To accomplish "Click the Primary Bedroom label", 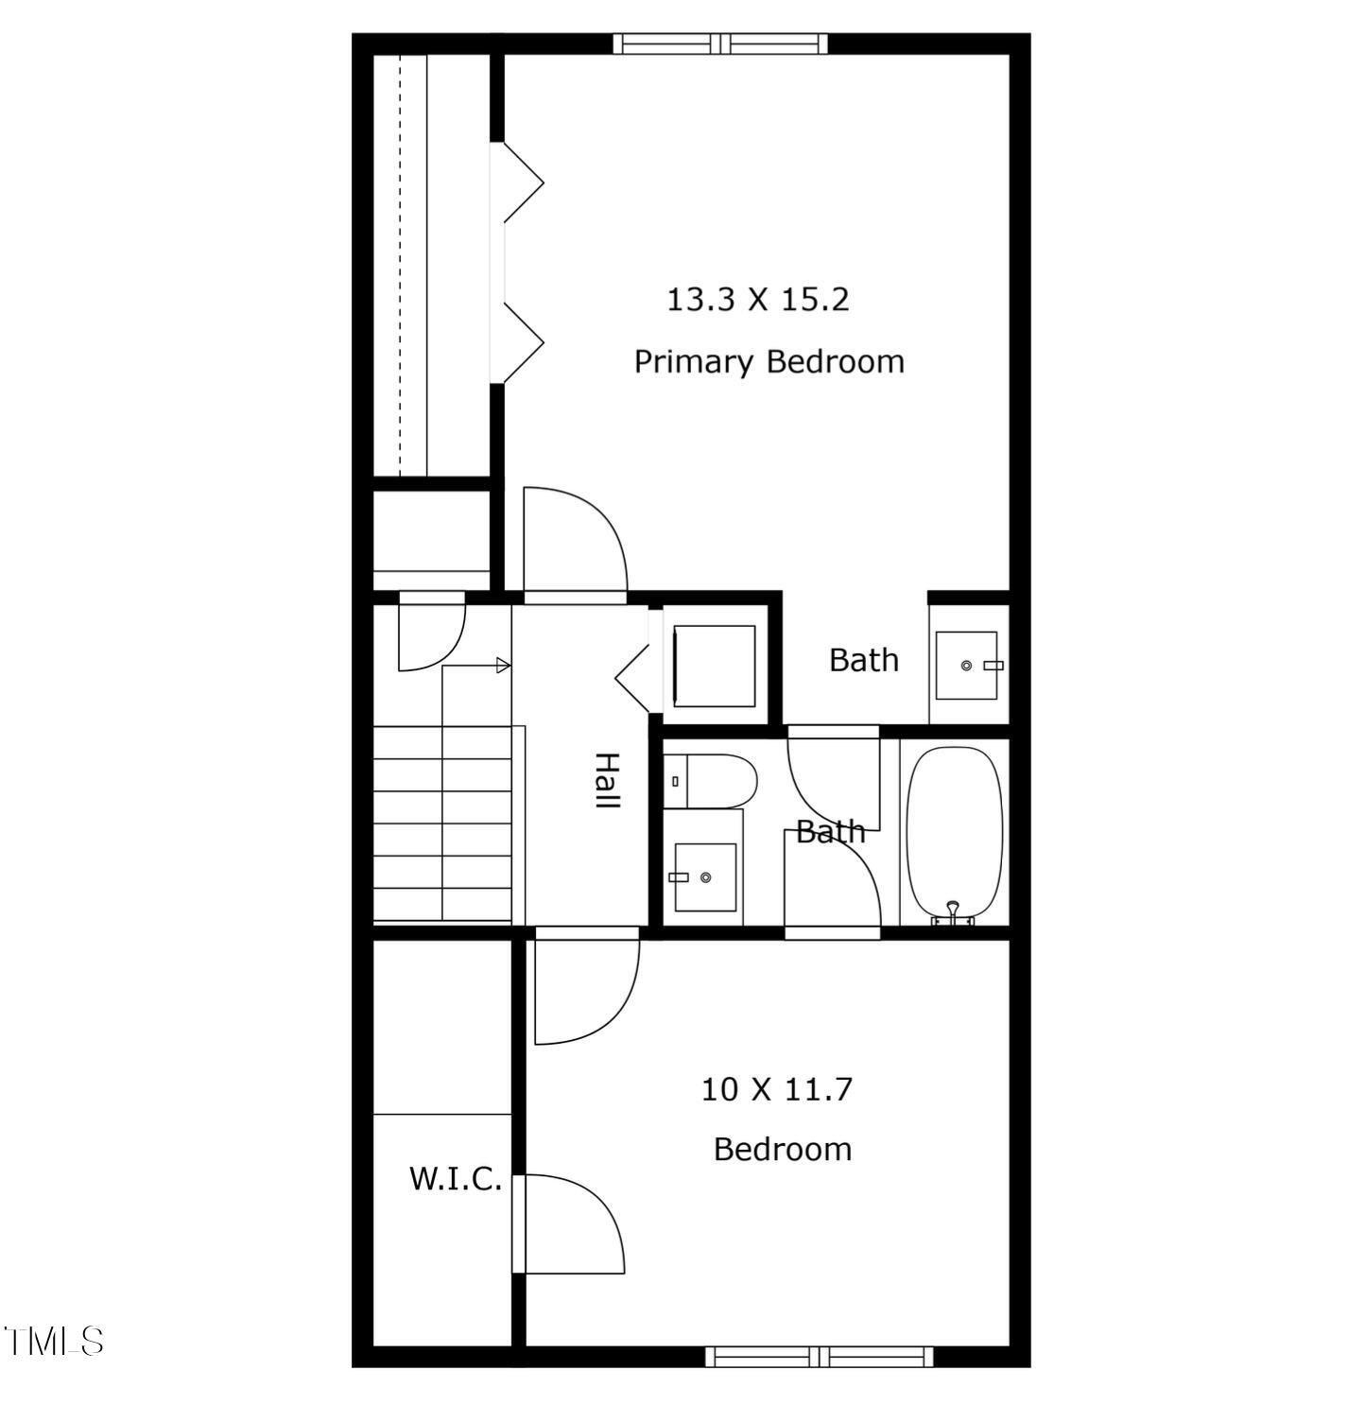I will (769, 362).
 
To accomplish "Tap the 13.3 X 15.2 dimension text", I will (758, 300).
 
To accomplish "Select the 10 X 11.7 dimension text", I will (776, 1089).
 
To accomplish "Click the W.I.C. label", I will (455, 1179).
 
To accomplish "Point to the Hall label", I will (606, 780).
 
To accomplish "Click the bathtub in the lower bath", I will (954, 832).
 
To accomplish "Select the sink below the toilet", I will (704, 877).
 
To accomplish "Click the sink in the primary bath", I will (966, 666).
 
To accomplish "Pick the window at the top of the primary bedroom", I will (720, 43).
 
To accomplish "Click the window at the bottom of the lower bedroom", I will (820, 1357).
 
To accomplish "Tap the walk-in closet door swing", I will (570, 1223).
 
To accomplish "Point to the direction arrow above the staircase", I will (503, 666).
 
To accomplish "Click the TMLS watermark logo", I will (54, 1341).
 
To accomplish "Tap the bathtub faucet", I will (953, 912).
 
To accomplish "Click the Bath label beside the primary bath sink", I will (863, 660).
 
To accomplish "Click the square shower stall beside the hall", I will (714, 666).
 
